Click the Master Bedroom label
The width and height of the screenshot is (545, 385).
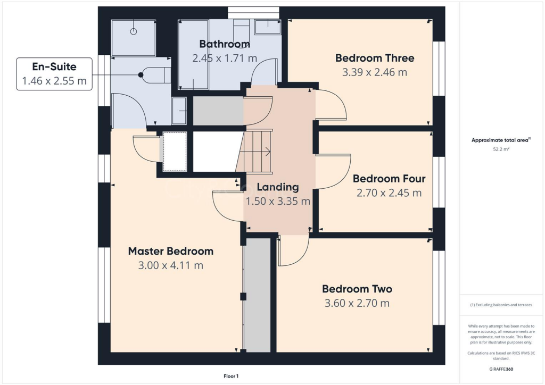(x=170, y=251)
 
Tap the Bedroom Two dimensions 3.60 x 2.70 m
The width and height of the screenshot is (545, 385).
(x=357, y=304)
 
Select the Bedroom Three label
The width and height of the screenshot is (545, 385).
(x=374, y=58)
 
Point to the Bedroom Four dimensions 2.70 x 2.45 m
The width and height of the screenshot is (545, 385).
(x=389, y=193)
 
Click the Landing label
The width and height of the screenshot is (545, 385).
(x=277, y=187)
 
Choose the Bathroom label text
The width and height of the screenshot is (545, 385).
(x=225, y=44)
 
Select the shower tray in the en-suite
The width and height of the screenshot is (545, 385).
(x=134, y=38)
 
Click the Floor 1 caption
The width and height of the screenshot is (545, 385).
(x=230, y=376)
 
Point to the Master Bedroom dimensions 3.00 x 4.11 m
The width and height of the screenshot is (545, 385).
(x=170, y=265)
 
